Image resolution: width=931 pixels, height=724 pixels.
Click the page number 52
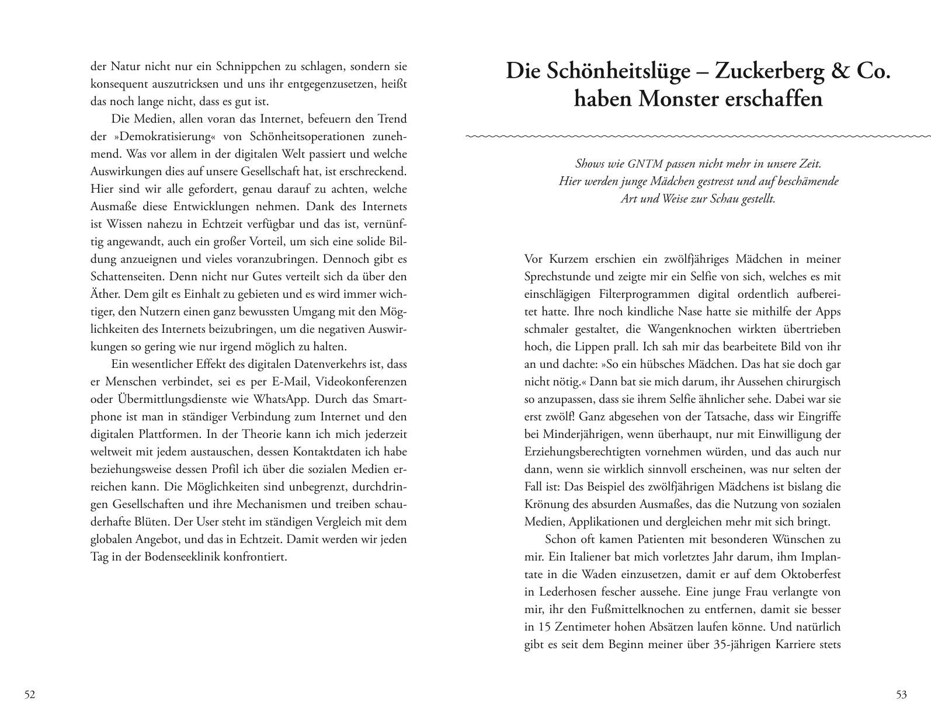[30, 695]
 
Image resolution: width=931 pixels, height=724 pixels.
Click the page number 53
[901, 695]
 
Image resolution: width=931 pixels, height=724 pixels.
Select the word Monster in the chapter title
[680, 99]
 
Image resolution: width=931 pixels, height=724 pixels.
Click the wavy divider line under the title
[698, 137]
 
